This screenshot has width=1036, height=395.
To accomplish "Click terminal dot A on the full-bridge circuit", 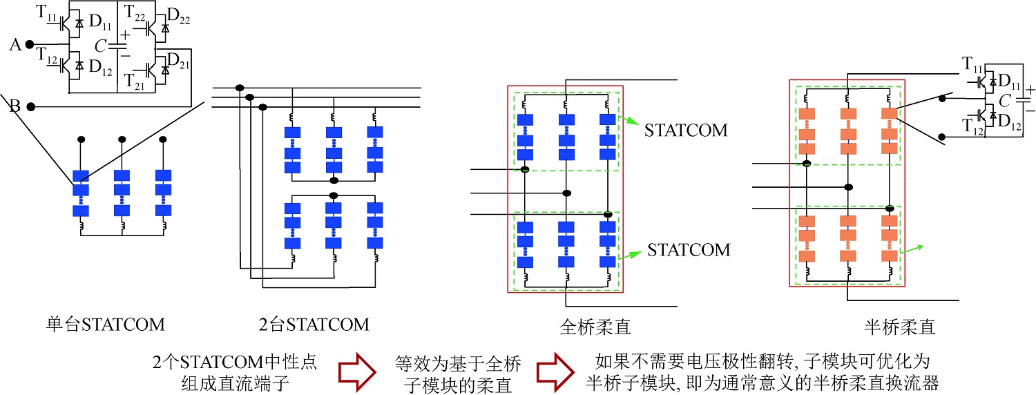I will pos(30,45).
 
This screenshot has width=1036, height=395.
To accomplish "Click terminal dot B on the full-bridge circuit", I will pos(30,107).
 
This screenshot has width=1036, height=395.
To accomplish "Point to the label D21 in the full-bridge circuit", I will pos(179,59).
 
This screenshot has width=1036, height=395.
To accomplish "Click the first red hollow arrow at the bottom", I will pos(356,373).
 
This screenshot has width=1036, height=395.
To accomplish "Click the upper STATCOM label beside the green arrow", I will pos(686,130).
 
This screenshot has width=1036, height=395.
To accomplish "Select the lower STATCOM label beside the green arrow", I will pos(689,249).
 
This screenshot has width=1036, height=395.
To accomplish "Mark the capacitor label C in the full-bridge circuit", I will pos(101,46).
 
